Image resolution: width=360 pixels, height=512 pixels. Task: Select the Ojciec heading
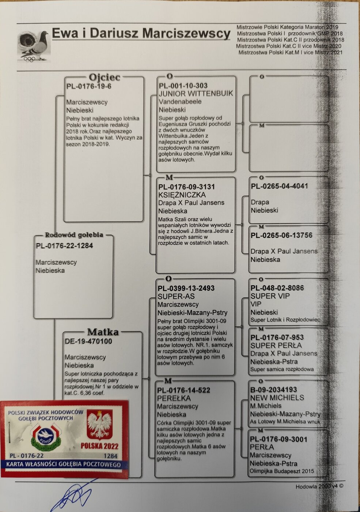click(104, 77)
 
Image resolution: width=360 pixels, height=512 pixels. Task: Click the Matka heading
click(103, 332)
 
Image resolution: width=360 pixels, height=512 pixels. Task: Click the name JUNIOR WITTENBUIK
click(196, 94)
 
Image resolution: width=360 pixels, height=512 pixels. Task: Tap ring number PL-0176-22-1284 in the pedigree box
click(64, 246)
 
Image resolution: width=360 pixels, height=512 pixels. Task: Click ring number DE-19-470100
click(88, 342)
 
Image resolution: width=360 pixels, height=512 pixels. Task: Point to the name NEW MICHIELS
click(277, 398)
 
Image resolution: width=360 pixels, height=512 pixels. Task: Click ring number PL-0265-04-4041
click(280, 186)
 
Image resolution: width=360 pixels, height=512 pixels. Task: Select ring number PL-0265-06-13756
click(281, 236)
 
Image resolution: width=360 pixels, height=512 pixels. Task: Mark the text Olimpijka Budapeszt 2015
click(282, 471)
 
